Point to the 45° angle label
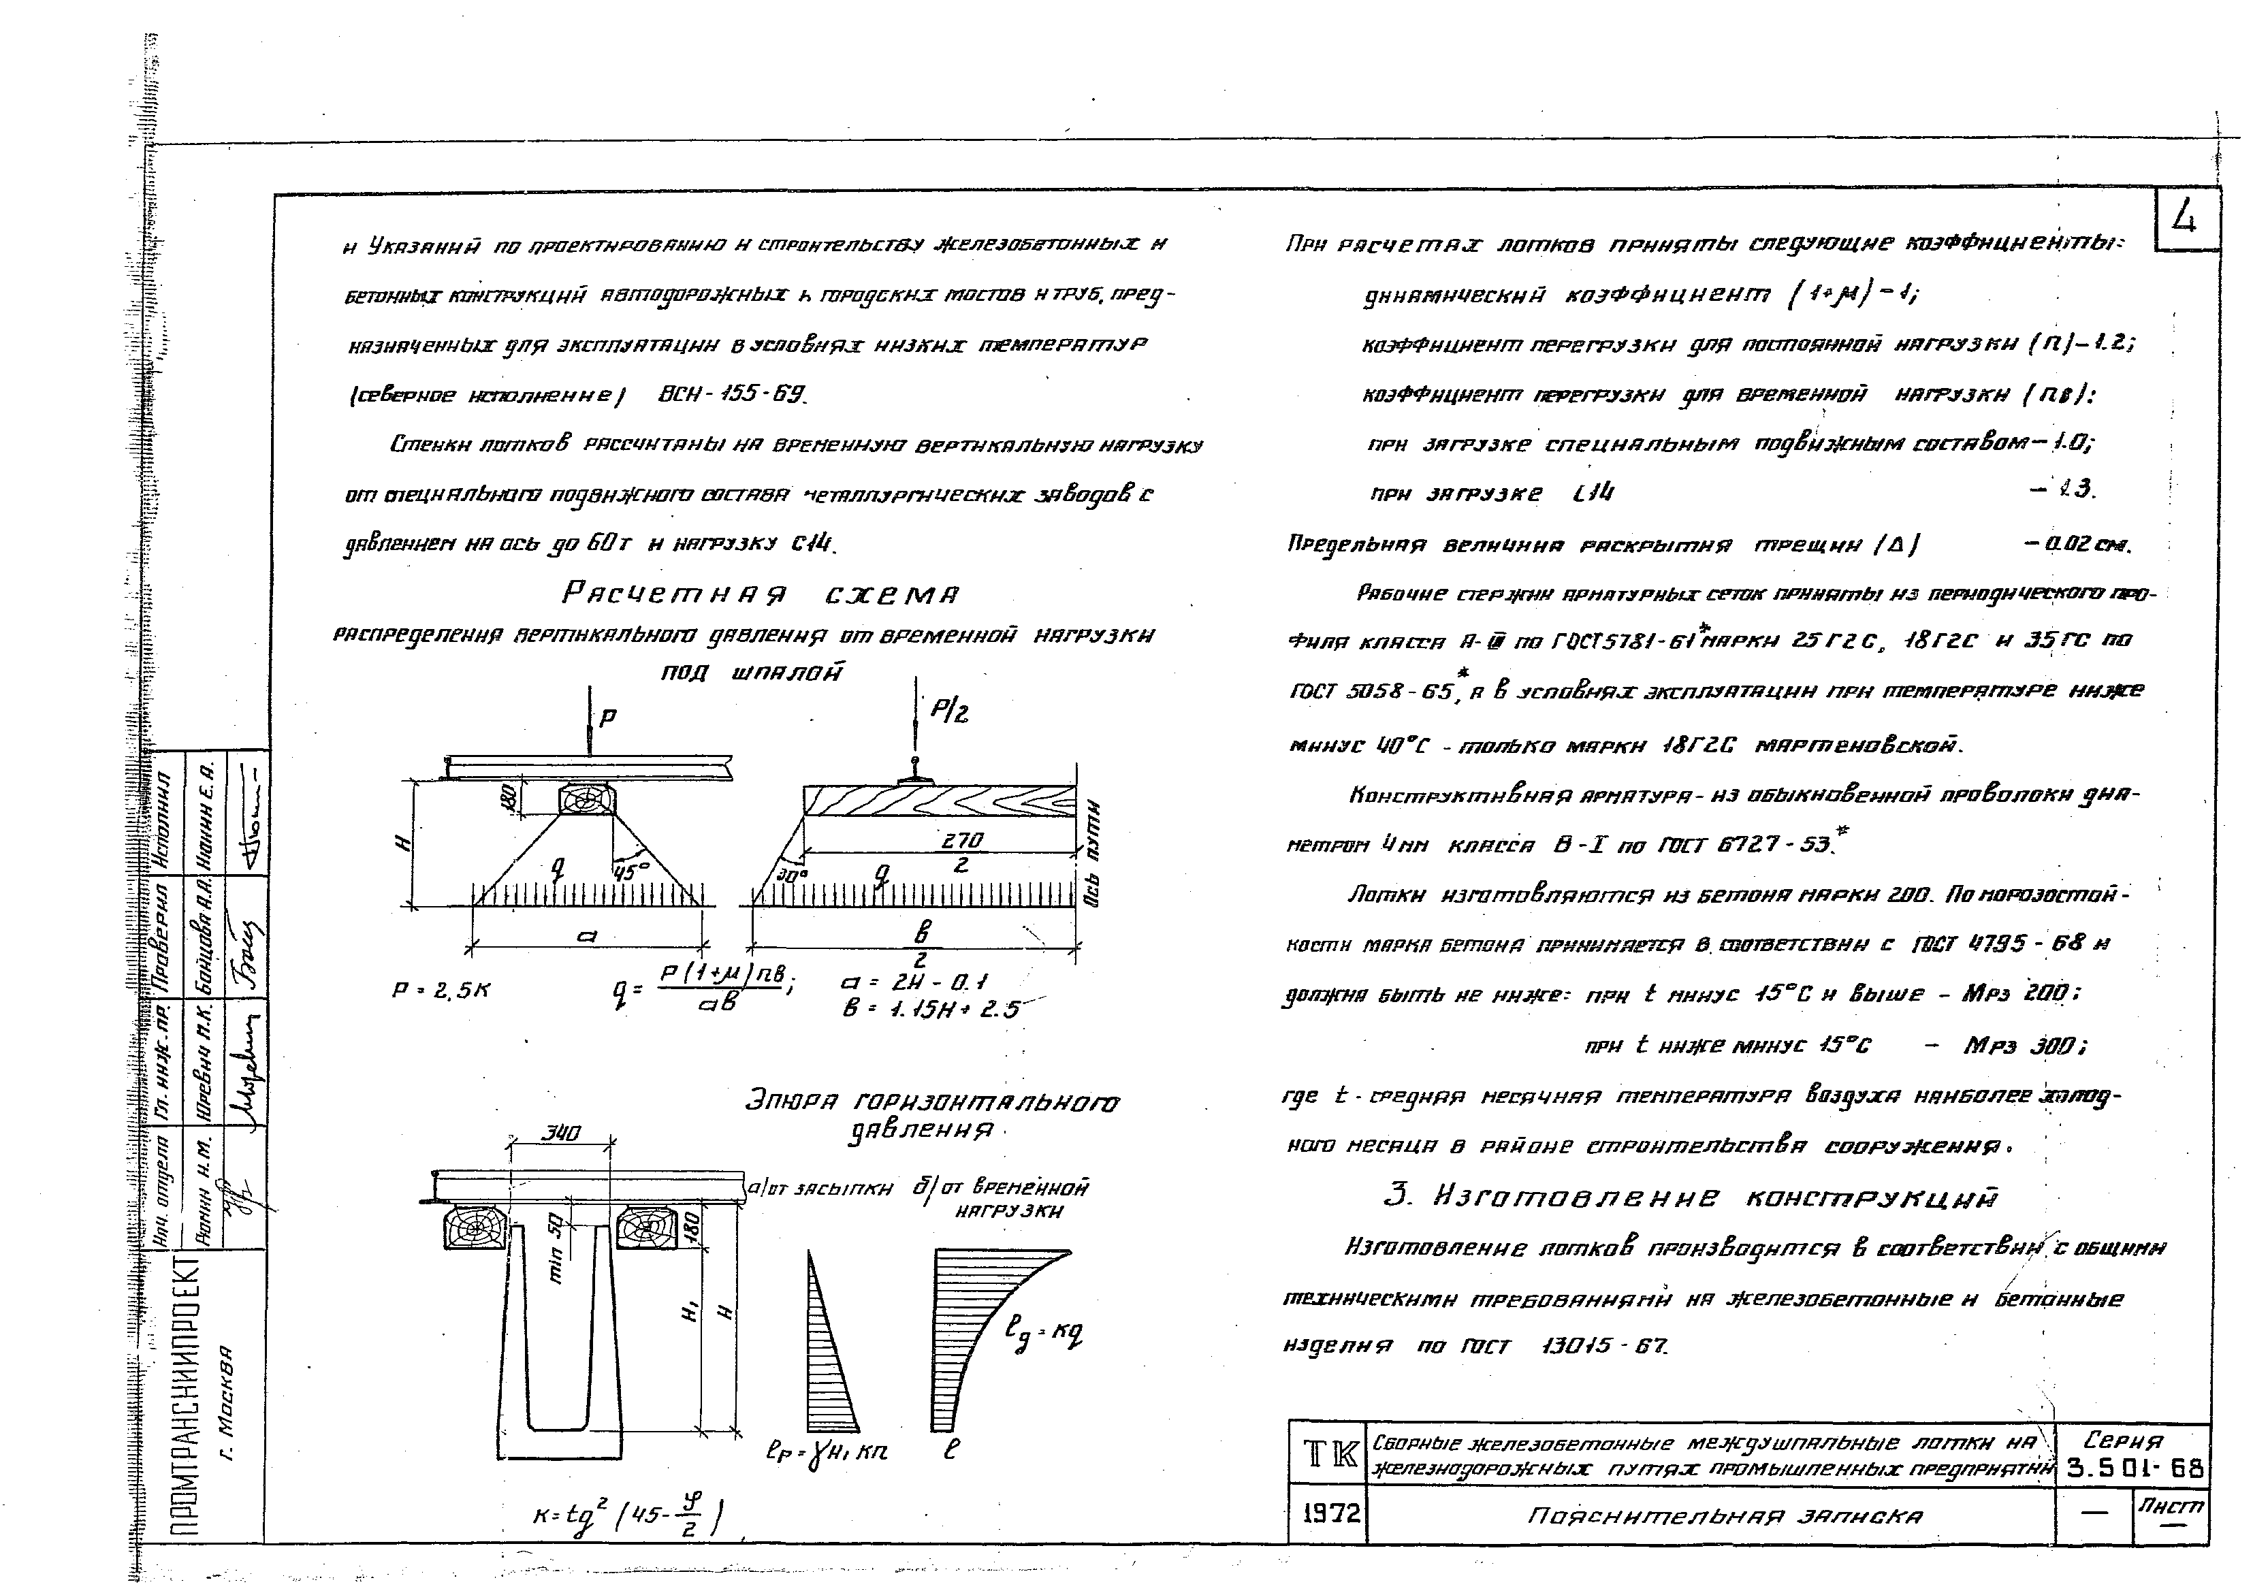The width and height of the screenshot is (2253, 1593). tap(632, 870)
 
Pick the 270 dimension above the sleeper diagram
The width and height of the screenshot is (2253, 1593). tap(961, 841)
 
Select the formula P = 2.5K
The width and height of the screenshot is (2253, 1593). tap(441, 991)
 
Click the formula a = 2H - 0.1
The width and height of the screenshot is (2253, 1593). tap(914, 982)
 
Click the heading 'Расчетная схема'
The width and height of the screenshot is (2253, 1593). tap(761, 594)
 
